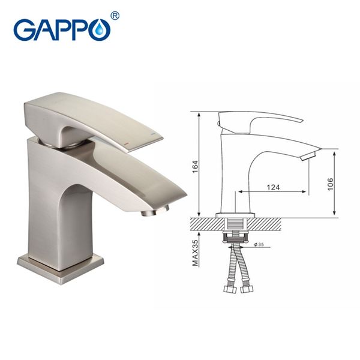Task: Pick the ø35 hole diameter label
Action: tap(259, 245)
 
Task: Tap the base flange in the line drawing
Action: tap(235, 214)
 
